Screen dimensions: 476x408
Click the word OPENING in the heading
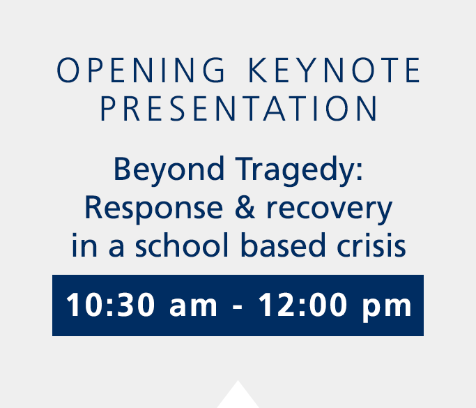[141, 70]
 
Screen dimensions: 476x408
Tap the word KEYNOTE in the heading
[335, 70]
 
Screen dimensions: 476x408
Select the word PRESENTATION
[239, 109]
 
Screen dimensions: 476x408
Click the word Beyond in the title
[169, 169]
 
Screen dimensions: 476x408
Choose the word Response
[153, 209]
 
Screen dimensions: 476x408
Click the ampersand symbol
[245, 208]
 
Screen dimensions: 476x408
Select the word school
[181, 245]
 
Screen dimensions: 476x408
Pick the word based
[283, 245]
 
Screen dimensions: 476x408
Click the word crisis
[371, 245]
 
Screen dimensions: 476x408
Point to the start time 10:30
[111, 305]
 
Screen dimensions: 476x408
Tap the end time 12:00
[302, 305]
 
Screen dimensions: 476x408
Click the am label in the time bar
[193, 307]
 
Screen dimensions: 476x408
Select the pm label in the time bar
[387, 309]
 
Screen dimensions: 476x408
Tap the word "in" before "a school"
[84, 245]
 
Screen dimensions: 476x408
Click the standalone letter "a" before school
[116, 248]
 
